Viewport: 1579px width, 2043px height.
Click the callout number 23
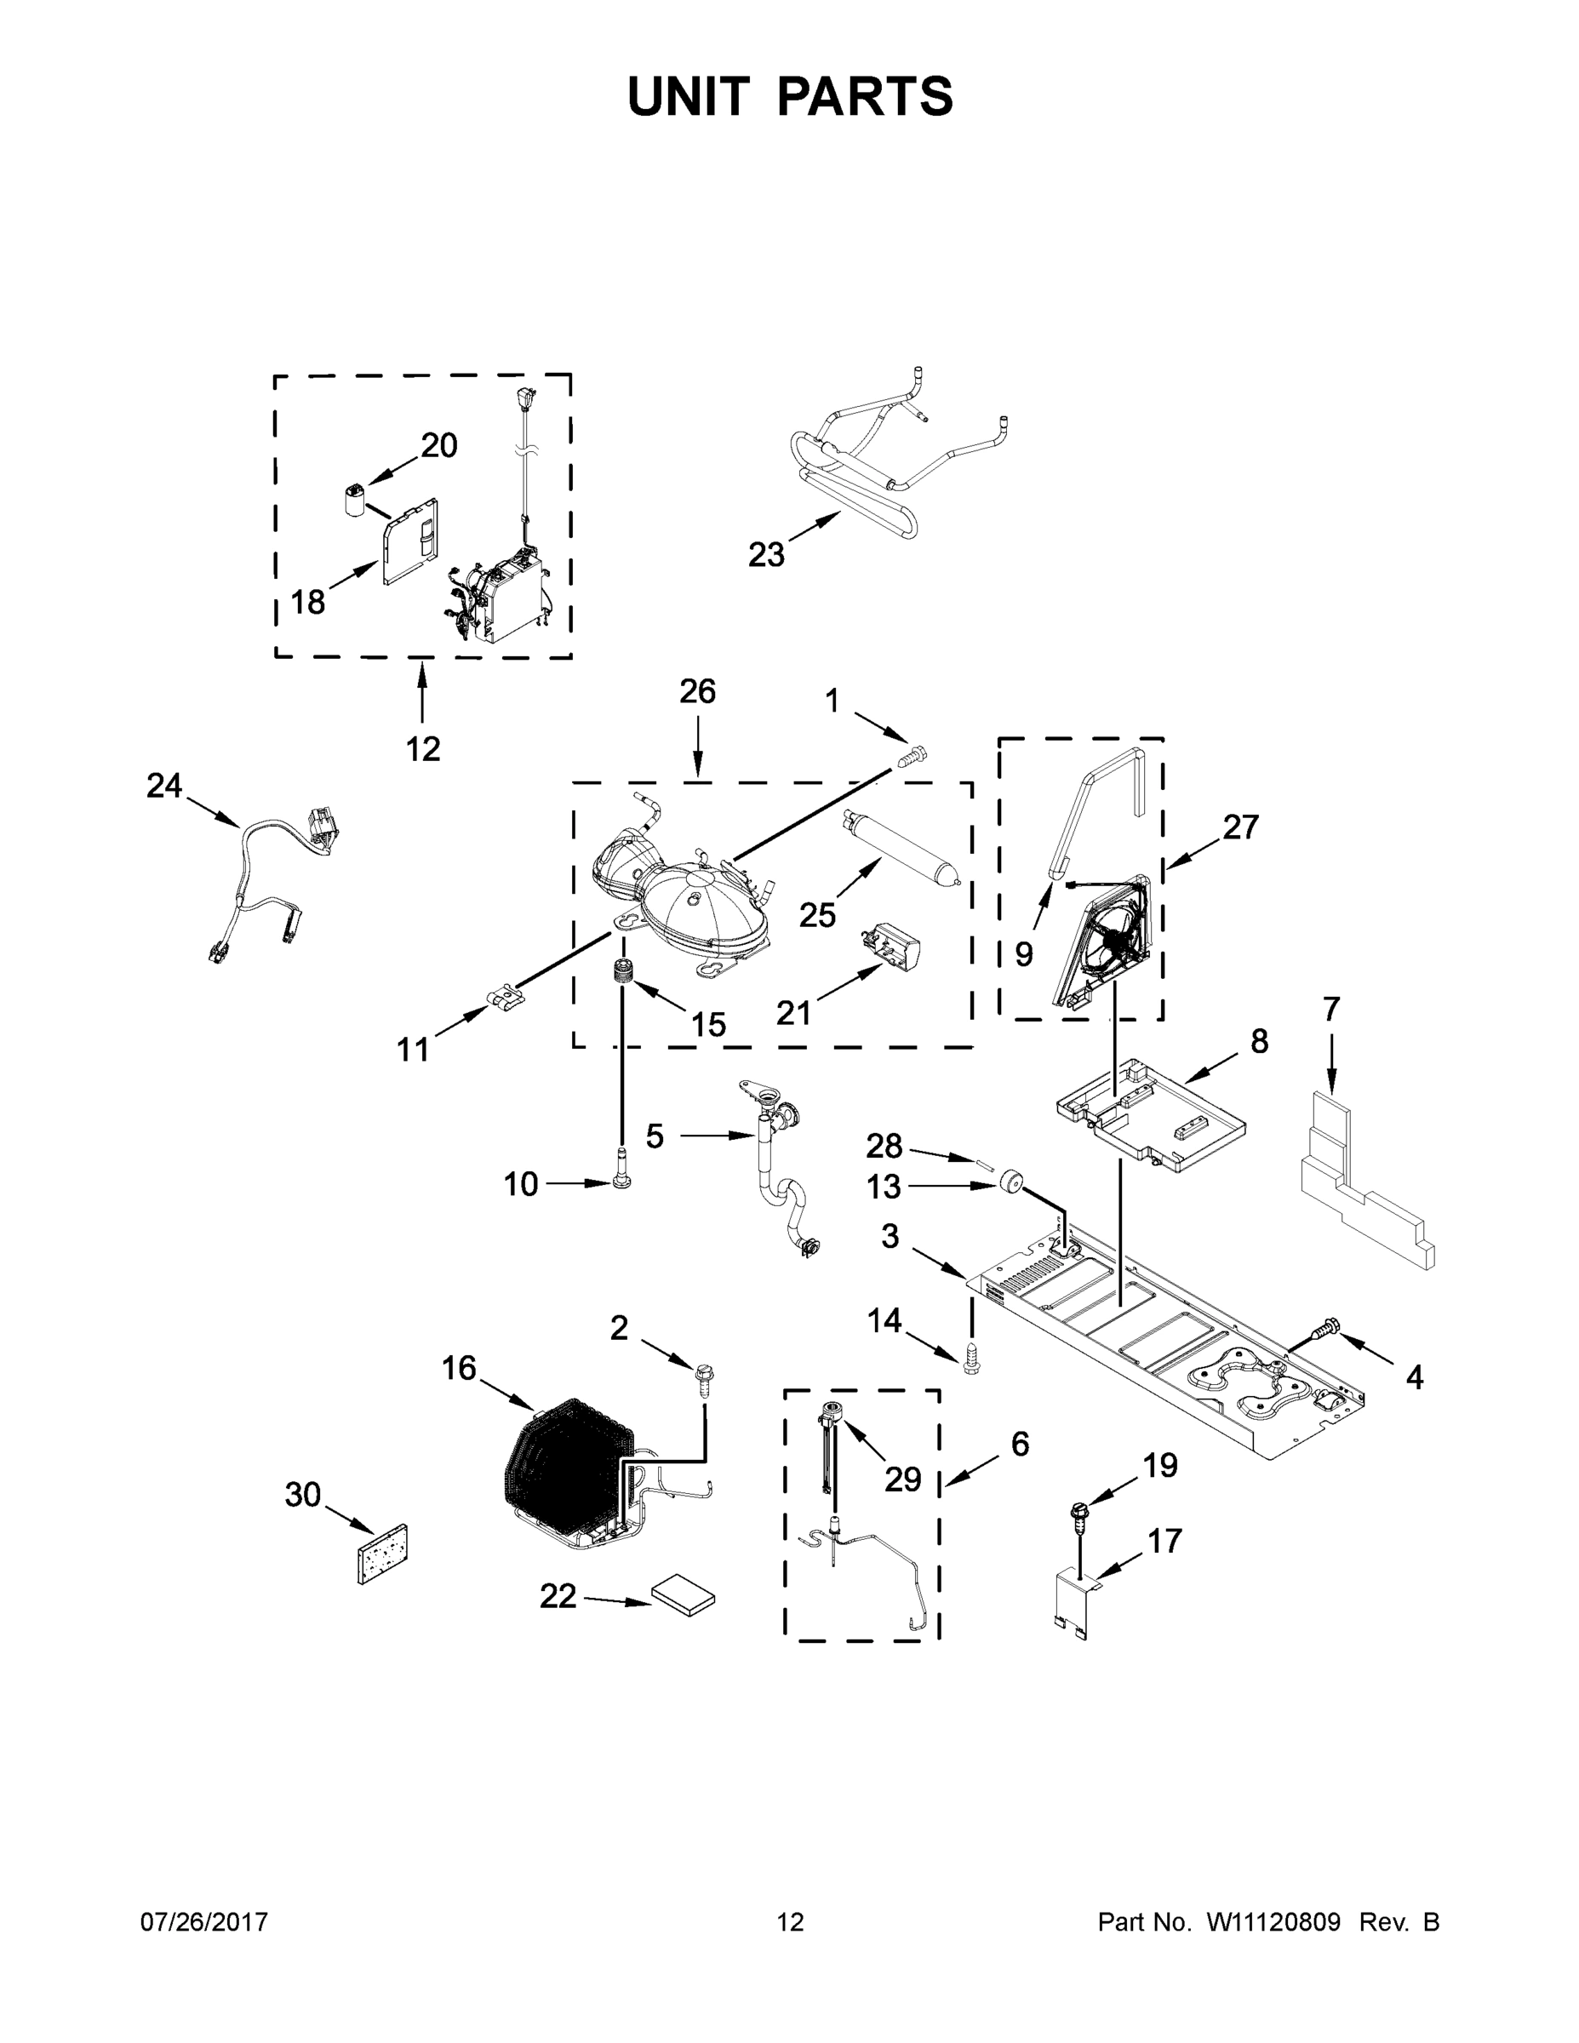click(x=765, y=555)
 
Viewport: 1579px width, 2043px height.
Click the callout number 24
click(x=163, y=786)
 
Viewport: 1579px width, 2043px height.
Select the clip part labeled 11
click(x=504, y=999)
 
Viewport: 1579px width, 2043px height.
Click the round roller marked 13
click(x=1009, y=1182)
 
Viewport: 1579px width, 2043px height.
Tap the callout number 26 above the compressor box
click(x=697, y=692)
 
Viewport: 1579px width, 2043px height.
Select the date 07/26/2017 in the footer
click(x=204, y=1922)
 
